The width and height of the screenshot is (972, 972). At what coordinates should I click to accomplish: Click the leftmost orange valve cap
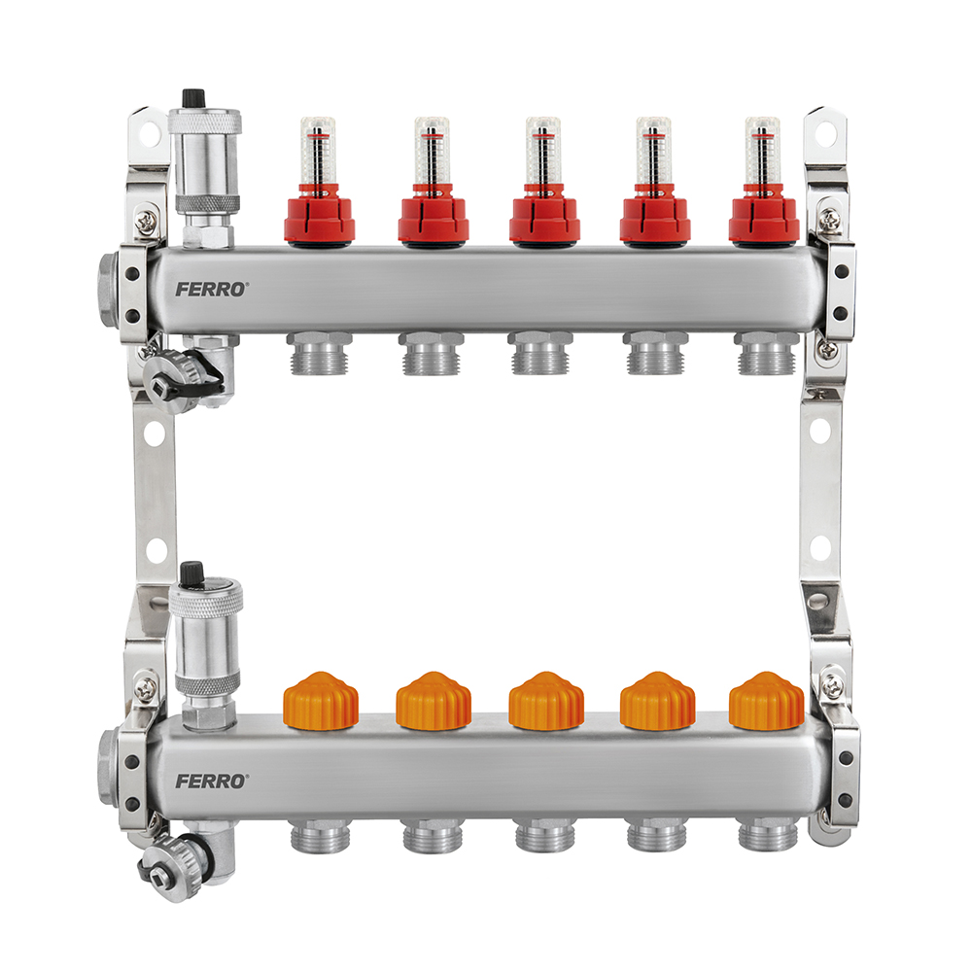321,701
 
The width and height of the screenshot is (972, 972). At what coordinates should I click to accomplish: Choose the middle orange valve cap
546,701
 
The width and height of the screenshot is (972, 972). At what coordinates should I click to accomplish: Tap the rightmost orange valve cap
766,701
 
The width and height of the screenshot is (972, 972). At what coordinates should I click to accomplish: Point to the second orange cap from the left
434,701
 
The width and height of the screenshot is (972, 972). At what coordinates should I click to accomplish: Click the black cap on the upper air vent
192,98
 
